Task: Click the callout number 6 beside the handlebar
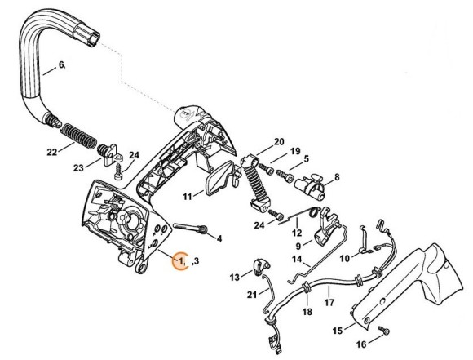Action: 60,64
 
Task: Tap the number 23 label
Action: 78,167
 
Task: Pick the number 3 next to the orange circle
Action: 196,261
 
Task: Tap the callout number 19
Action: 296,151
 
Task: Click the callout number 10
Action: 345,258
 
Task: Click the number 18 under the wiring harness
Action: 307,312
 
